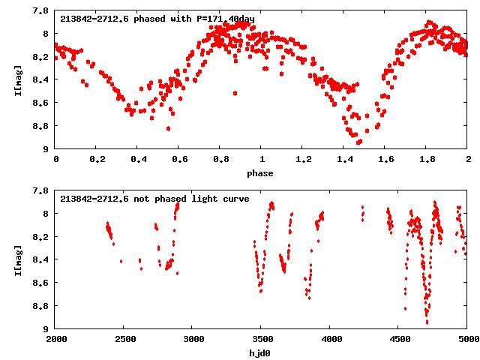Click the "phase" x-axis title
[262, 173]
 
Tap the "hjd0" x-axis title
[262, 352]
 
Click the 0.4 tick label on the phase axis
[138, 160]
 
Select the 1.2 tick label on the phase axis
[303, 160]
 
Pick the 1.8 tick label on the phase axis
[427, 160]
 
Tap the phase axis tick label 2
[468, 160]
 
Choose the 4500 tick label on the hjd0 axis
[399, 339]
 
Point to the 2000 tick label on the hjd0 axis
[56, 339]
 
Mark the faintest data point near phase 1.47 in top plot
[358, 142]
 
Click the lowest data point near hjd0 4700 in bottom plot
[427, 322]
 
